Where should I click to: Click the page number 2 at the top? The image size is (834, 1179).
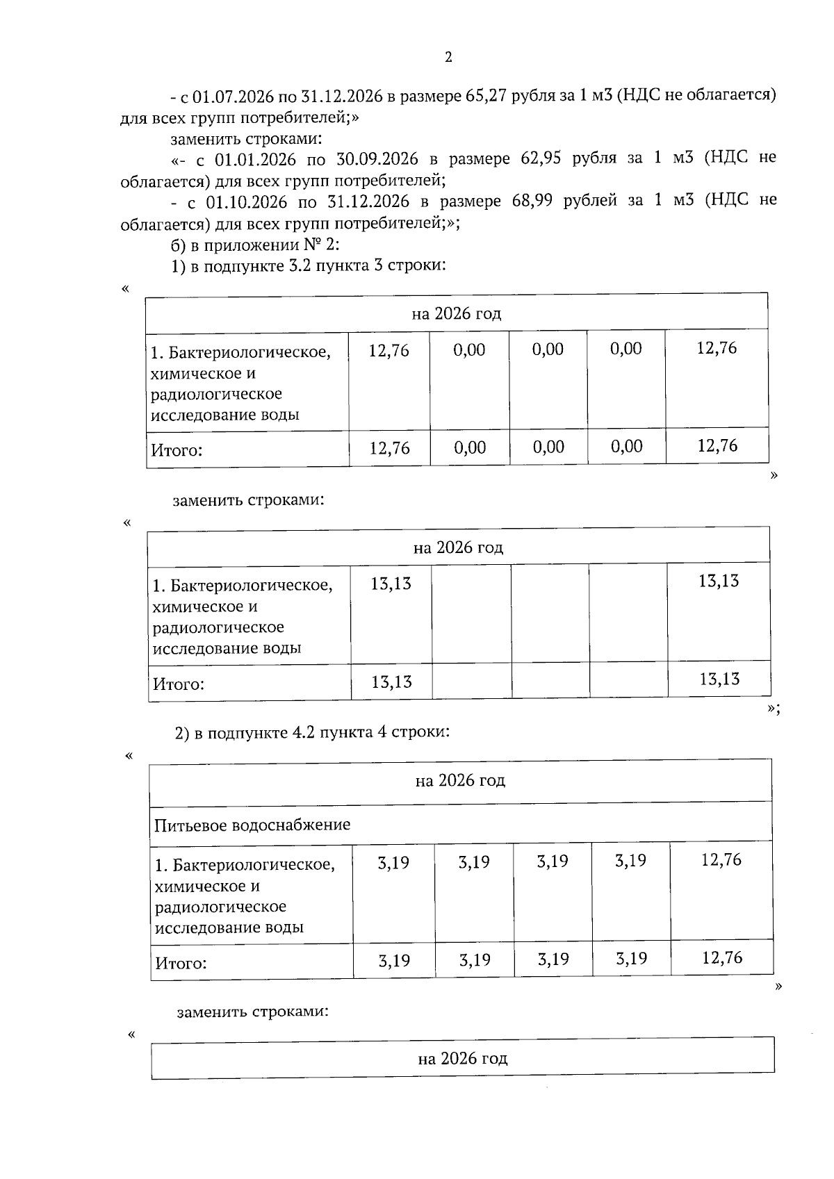[448, 58]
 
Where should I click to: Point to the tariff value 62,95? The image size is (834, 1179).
[541, 159]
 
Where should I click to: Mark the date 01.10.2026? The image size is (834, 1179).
[247, 202]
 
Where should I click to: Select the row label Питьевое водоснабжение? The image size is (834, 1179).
[252, 825]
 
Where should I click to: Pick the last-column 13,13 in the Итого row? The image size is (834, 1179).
[719, 679]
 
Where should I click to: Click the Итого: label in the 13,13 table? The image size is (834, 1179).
[179, 684]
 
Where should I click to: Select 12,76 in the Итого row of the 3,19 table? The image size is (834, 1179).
[722, 958]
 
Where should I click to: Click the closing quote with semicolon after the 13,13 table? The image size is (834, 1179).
[774, 709]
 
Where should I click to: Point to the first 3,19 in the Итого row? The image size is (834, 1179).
[394, 961]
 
